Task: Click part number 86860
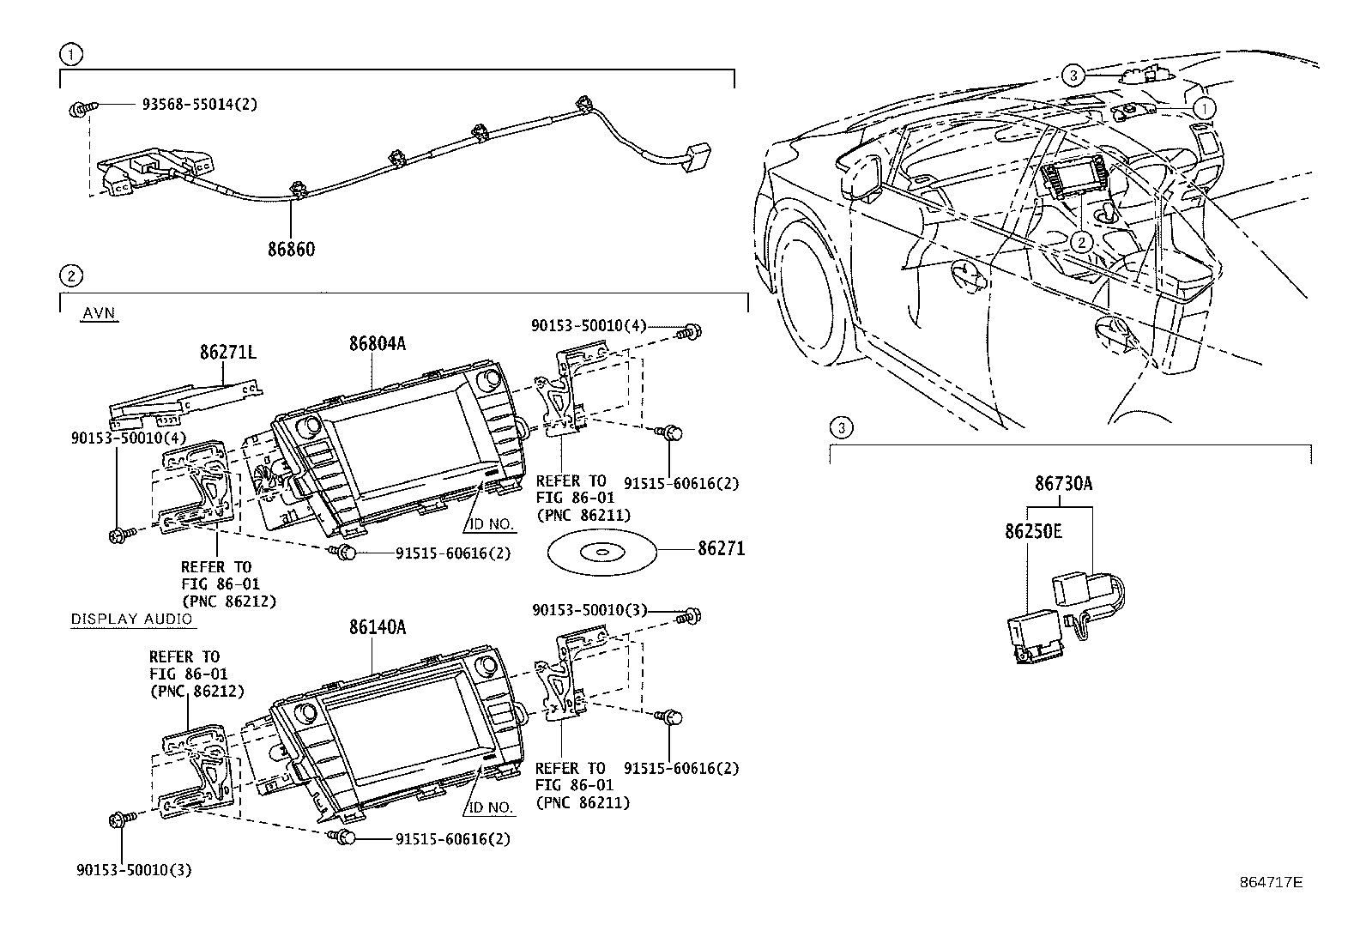click(291, 250)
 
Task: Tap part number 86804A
click(377, 343)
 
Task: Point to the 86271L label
click(228, 352)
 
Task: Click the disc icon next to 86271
click(599, 551)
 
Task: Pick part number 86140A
click(377, 627)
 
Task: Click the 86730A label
click(1063, 484)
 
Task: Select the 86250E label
click(1033, 532)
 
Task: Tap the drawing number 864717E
click(1270, 882)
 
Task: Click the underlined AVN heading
click(99, 313)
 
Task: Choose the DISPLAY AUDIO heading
click(131, 619)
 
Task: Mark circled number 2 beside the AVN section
click(70, 275)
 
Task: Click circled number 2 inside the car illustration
click(1083, 243)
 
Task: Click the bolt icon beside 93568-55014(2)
click(78, 108)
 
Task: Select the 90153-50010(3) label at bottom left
click(132, 870)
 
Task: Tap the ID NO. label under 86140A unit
click(491, 808)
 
